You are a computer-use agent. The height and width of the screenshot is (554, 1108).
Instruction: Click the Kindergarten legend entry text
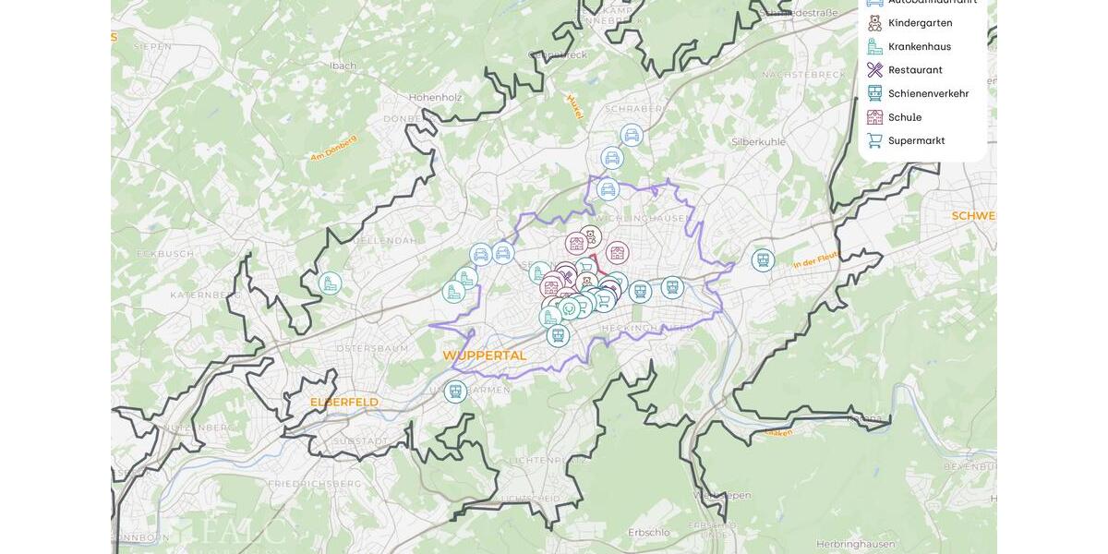coord(920,23)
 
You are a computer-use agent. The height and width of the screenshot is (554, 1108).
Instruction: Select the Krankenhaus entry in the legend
coord(919,46)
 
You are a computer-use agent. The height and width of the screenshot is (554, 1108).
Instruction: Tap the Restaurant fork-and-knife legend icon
coord(874,70)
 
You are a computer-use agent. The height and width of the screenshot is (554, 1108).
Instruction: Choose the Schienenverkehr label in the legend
coord(928,93)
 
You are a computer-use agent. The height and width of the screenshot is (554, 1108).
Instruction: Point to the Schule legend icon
coord(874,117)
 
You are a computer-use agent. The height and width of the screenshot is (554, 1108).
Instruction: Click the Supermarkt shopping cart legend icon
coord(874,140)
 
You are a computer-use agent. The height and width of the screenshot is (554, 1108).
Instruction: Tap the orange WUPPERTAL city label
coord(484,355)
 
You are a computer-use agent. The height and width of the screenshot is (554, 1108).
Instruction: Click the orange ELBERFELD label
coord(343,403)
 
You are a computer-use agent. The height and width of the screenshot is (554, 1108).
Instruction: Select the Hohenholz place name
coord(436,97)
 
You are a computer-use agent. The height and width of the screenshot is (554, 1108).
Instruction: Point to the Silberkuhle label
coord(758,142)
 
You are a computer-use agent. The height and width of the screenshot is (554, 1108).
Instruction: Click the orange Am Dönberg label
coord(333,148)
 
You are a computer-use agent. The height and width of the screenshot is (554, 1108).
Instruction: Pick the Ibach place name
coord(343,66)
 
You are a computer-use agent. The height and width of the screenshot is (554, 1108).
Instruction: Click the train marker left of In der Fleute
coord(763,260)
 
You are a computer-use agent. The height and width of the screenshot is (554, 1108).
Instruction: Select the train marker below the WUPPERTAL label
coord(455,391)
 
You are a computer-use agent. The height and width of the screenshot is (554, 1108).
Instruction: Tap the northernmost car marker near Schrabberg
coord(632,136)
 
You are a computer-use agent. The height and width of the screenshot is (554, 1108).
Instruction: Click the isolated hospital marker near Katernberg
coord(330,283)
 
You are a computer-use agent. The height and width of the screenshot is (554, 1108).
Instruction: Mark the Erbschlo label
coord(648,533)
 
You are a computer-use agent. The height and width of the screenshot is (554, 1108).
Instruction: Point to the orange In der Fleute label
coord(815,261)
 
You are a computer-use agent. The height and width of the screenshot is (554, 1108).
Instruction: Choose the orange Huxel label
coord(575,106)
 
